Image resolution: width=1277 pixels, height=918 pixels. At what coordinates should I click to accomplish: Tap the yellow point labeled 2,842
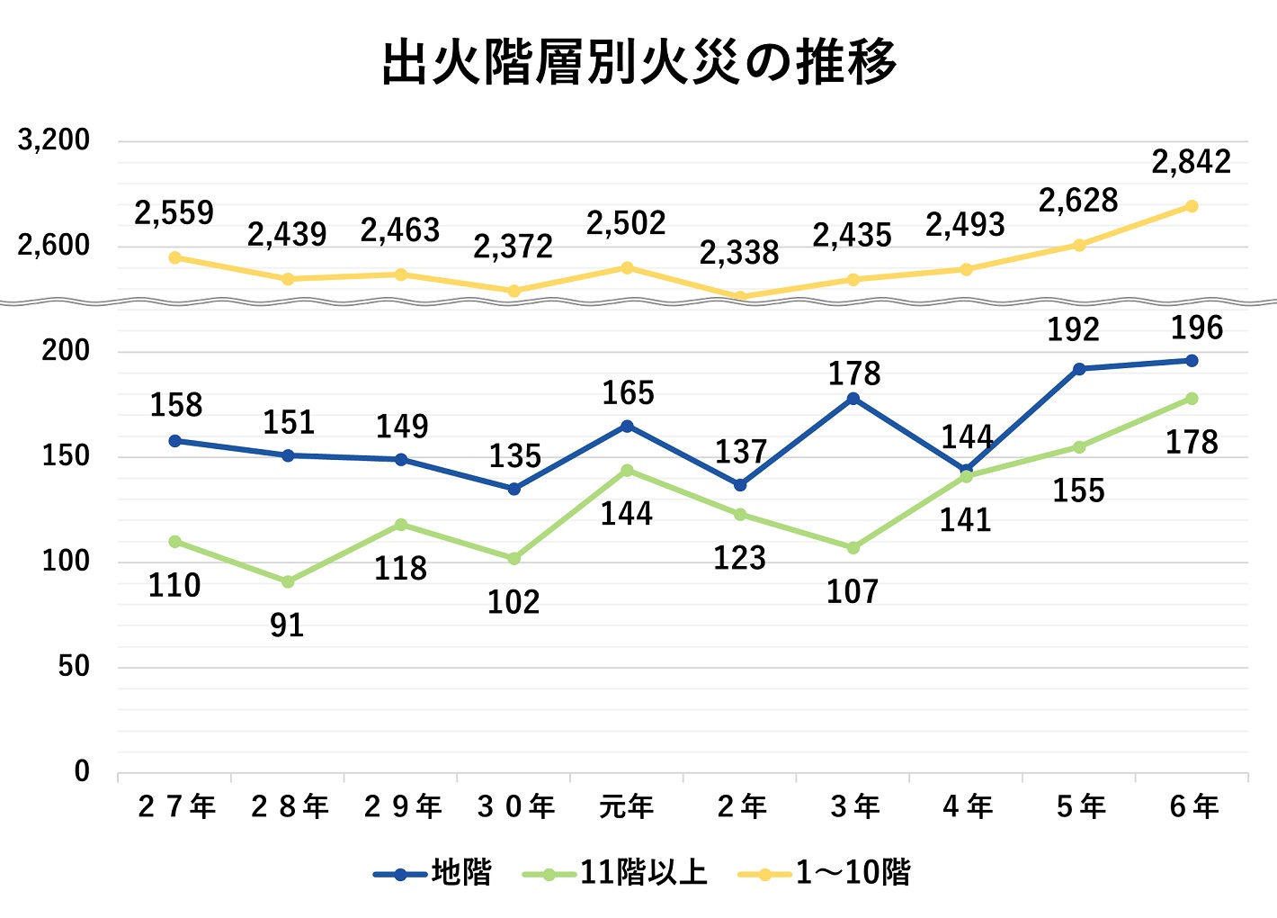pyautogui.click(x=1192, y=206)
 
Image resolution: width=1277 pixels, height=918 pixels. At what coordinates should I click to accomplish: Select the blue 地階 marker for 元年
pyautogui.click(x=628, y=426)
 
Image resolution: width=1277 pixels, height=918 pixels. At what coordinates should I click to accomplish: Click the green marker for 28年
pyautogui.click(x=288, y=582)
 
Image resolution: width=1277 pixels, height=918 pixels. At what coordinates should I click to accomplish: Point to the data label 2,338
pyautogui.click(x=739, y=253)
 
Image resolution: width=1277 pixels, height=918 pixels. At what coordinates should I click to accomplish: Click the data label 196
pyautogui.click(x=1197, y=328)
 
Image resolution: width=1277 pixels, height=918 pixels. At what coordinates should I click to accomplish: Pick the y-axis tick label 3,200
pyautogui.click(x=54, y=139)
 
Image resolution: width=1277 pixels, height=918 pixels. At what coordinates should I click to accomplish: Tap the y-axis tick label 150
pyautogui.click(x=66, y=456)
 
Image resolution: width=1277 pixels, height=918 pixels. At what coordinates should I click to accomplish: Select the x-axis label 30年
pyautogui.click(x=516, y=806)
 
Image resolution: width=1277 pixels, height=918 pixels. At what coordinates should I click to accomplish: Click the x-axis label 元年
pyautogui.click(x=627, y=806)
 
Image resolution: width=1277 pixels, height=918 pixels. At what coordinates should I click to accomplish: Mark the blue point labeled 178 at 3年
pyautogui.click(x=853, y=399)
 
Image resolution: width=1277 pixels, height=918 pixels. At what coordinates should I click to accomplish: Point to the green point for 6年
pyautogui.click(x=1192, y=399)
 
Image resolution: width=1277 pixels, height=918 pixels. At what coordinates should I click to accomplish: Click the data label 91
pyautogui.click(x=287, y=625)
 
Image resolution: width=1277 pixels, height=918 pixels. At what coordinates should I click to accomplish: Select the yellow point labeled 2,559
pyautogui.click(x=175, y=257)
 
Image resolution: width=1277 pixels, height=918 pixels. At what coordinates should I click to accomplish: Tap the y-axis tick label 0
pyautogui.click(x=82, y=771)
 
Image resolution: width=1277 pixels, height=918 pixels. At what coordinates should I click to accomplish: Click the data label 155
pyautogui.click(x=1078, y=490)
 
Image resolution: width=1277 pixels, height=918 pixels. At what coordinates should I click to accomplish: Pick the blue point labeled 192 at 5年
pyautogui.click(x=1079, y=369)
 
